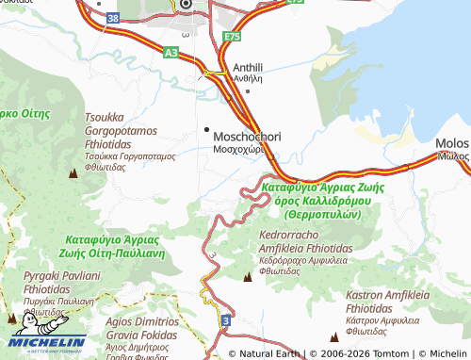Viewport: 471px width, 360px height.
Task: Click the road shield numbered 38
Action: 114,17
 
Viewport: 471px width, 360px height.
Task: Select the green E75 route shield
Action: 233,37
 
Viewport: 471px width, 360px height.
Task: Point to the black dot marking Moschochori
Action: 207,128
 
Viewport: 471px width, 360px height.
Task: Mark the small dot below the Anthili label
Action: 247,91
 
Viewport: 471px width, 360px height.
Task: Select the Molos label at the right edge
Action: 452,143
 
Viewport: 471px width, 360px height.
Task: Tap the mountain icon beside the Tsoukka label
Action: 73,173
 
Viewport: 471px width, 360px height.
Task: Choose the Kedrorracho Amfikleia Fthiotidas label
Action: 304,239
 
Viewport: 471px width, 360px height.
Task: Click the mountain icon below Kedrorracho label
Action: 248,276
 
